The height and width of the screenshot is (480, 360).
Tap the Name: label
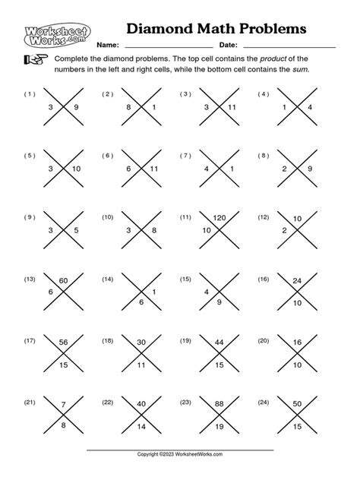coord(109,46)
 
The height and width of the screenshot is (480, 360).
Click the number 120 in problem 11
coord(221,218)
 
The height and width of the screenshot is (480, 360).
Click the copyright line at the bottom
coord(179,454)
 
